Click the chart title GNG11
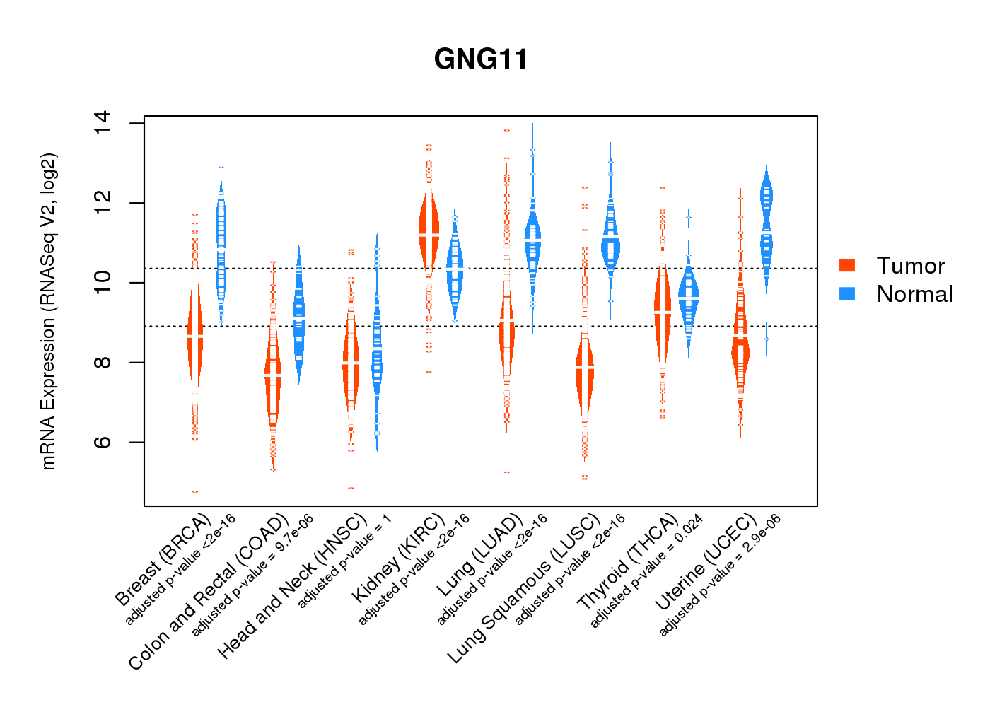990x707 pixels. (x=481, y=59)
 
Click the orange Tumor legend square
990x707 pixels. (x=846, y=265)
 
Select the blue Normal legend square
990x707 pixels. (x=846, y=293)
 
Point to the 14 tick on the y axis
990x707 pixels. (x=103, y=123)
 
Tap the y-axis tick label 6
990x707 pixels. (x=103, y=442)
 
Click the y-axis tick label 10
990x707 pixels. (x=103, y=283)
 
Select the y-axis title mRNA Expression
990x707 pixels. (x=48, y=311)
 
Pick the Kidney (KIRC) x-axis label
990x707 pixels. (x=398, y=559)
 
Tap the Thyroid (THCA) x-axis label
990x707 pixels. (x=627, y=563)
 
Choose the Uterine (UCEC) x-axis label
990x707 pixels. (x=705, y=562)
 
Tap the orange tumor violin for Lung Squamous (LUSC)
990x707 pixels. (x=584, y=375)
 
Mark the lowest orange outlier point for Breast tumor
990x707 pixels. (x=195, y=491)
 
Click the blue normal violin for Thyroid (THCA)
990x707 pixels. (x=688, y=297)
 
